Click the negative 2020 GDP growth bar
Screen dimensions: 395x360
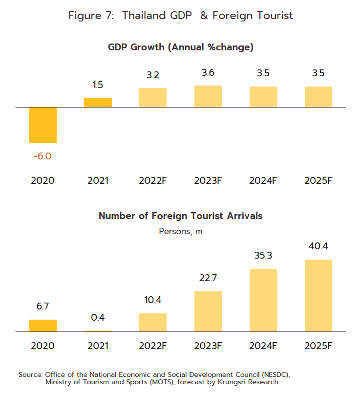pyautogui.click(x=43, y=125)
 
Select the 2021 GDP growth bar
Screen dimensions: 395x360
pyautogui.click(x=98, y=103)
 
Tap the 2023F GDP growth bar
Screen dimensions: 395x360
pyautogui.click(x=208, y=96)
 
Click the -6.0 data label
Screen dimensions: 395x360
pyautogui.click(x=42, y=156)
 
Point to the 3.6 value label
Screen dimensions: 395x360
pyautogui.click(x=208, y=73)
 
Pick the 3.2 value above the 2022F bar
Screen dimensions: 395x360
pyautogui.click(x=153, y=75)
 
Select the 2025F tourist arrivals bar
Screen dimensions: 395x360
pyautogui.click(x=318, y=295)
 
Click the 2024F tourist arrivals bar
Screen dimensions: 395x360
pyautogui.click(x=263, y=300)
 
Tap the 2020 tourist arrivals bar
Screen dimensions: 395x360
pyautogui.click(x=43, y=326)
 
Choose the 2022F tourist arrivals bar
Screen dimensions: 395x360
pyautogui.click(x=153, y=323)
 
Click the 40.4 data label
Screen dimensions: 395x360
pyautogui.click(x=318, y=246)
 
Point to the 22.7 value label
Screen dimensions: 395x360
pyautogui.click(x=208, y=278)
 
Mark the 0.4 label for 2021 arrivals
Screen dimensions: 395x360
pyautogui.click(x=98, y=318)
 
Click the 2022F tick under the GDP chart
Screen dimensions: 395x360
pyautogui.click(x=153, y=180)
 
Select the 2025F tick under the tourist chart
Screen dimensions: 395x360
pyautogui.click(x=318, y=346)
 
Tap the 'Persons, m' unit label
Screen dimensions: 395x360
pyautogui.click(x=181, y=231)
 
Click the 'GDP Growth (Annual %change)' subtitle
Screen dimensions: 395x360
pyautogui.click(x=181, y=47)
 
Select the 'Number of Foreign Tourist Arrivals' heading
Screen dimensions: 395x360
pyautogui.click(x=181, y=216)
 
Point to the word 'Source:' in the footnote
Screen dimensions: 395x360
pyautogui.click(x=31, y=374)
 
